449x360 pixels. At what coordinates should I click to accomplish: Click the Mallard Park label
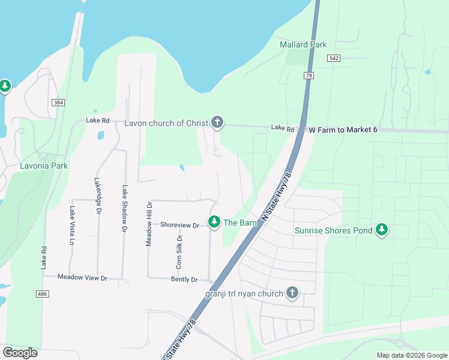(303, 44)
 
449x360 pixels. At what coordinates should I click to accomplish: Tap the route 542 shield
(334, 58)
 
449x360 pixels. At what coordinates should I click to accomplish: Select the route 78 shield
(309, 76)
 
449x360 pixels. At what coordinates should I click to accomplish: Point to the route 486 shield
(41, 293)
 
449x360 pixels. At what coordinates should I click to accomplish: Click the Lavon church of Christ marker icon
(217, 123)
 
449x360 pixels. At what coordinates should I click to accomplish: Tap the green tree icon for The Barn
(214, 223)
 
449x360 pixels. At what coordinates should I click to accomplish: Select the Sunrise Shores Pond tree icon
(381, 230)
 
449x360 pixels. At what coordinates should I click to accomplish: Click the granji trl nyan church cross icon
(292, 293)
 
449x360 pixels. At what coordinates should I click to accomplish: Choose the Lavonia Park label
(44, 166)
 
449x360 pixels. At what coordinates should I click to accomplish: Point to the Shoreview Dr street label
(179, 225)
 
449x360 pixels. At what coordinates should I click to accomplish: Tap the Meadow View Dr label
(82, 278)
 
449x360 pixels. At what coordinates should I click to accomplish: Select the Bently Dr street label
(184, 280)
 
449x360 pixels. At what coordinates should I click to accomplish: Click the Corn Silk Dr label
(179, 251)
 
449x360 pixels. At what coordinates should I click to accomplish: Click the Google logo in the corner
(20, 353)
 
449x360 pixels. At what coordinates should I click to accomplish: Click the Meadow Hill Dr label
(149, 224)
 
